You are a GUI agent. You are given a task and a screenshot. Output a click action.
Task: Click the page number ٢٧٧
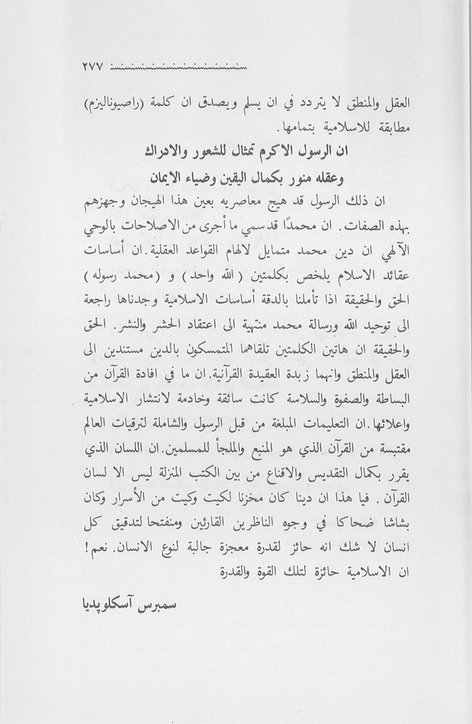pos(93,66)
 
